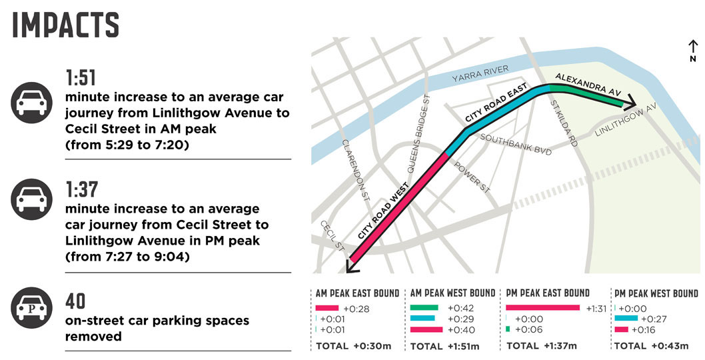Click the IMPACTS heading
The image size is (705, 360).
pos(66,25)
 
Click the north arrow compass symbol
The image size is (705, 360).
pos(693,51)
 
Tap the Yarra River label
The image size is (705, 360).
pos(480,74)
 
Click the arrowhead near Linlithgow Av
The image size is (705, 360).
pos(628,105)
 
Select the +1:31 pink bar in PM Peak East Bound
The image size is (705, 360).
pos(543,307)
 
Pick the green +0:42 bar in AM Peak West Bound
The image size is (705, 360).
pos(424,307)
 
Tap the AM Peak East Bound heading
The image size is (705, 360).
pos(356,293)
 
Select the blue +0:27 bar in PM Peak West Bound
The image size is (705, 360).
pos(626,319)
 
